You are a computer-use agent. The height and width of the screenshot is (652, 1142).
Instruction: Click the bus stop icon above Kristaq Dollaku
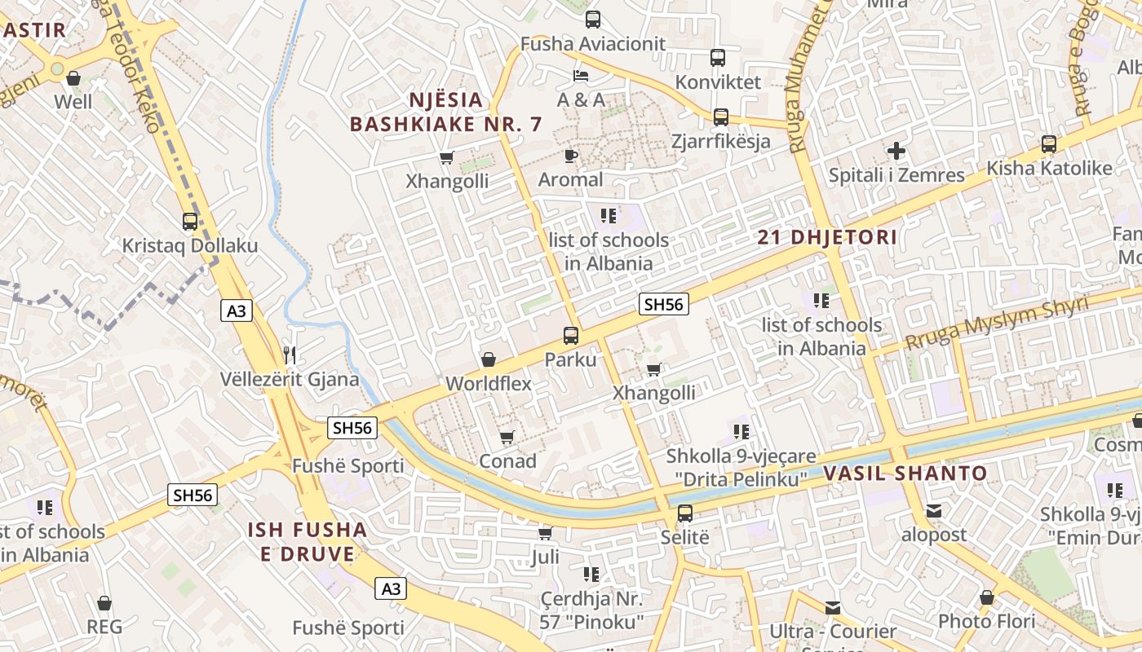[190, 222]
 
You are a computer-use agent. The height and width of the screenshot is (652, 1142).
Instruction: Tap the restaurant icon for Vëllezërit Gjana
[290, 355]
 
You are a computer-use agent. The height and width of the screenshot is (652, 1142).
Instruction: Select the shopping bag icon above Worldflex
[489, 359]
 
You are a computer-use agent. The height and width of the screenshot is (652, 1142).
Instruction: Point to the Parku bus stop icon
[571, 335]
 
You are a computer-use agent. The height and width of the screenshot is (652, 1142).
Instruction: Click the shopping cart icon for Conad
[507, 438]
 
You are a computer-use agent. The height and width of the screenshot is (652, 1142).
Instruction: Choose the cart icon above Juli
[545, 533]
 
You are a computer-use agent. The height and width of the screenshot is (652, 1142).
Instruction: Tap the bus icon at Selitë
[685, 513]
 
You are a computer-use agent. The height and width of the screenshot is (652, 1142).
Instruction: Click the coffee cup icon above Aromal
[571, 156]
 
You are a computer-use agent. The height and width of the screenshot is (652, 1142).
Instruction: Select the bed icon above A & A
[581, 76]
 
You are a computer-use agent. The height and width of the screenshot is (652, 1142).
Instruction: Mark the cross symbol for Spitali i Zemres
[896, 151]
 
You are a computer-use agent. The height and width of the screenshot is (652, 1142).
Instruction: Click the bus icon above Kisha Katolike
[1049, 144]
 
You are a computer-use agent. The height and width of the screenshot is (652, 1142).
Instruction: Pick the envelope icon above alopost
[934, 511]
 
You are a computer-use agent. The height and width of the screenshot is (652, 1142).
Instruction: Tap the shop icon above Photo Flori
[987, 597]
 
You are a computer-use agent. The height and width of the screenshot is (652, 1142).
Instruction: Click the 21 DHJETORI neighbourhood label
[827, 238]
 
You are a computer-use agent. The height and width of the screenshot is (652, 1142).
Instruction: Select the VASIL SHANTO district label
[905, 474]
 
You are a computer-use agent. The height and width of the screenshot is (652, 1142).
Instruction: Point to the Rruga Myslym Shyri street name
[997, 324]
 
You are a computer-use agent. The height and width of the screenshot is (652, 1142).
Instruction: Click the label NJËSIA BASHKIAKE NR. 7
[446, 112]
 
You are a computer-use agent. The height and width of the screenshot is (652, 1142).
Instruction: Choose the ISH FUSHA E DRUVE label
[308, 542]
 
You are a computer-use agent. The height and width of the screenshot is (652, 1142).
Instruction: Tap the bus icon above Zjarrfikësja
[721, 117]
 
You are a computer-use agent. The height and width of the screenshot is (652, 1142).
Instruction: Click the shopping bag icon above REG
[104, 603]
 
